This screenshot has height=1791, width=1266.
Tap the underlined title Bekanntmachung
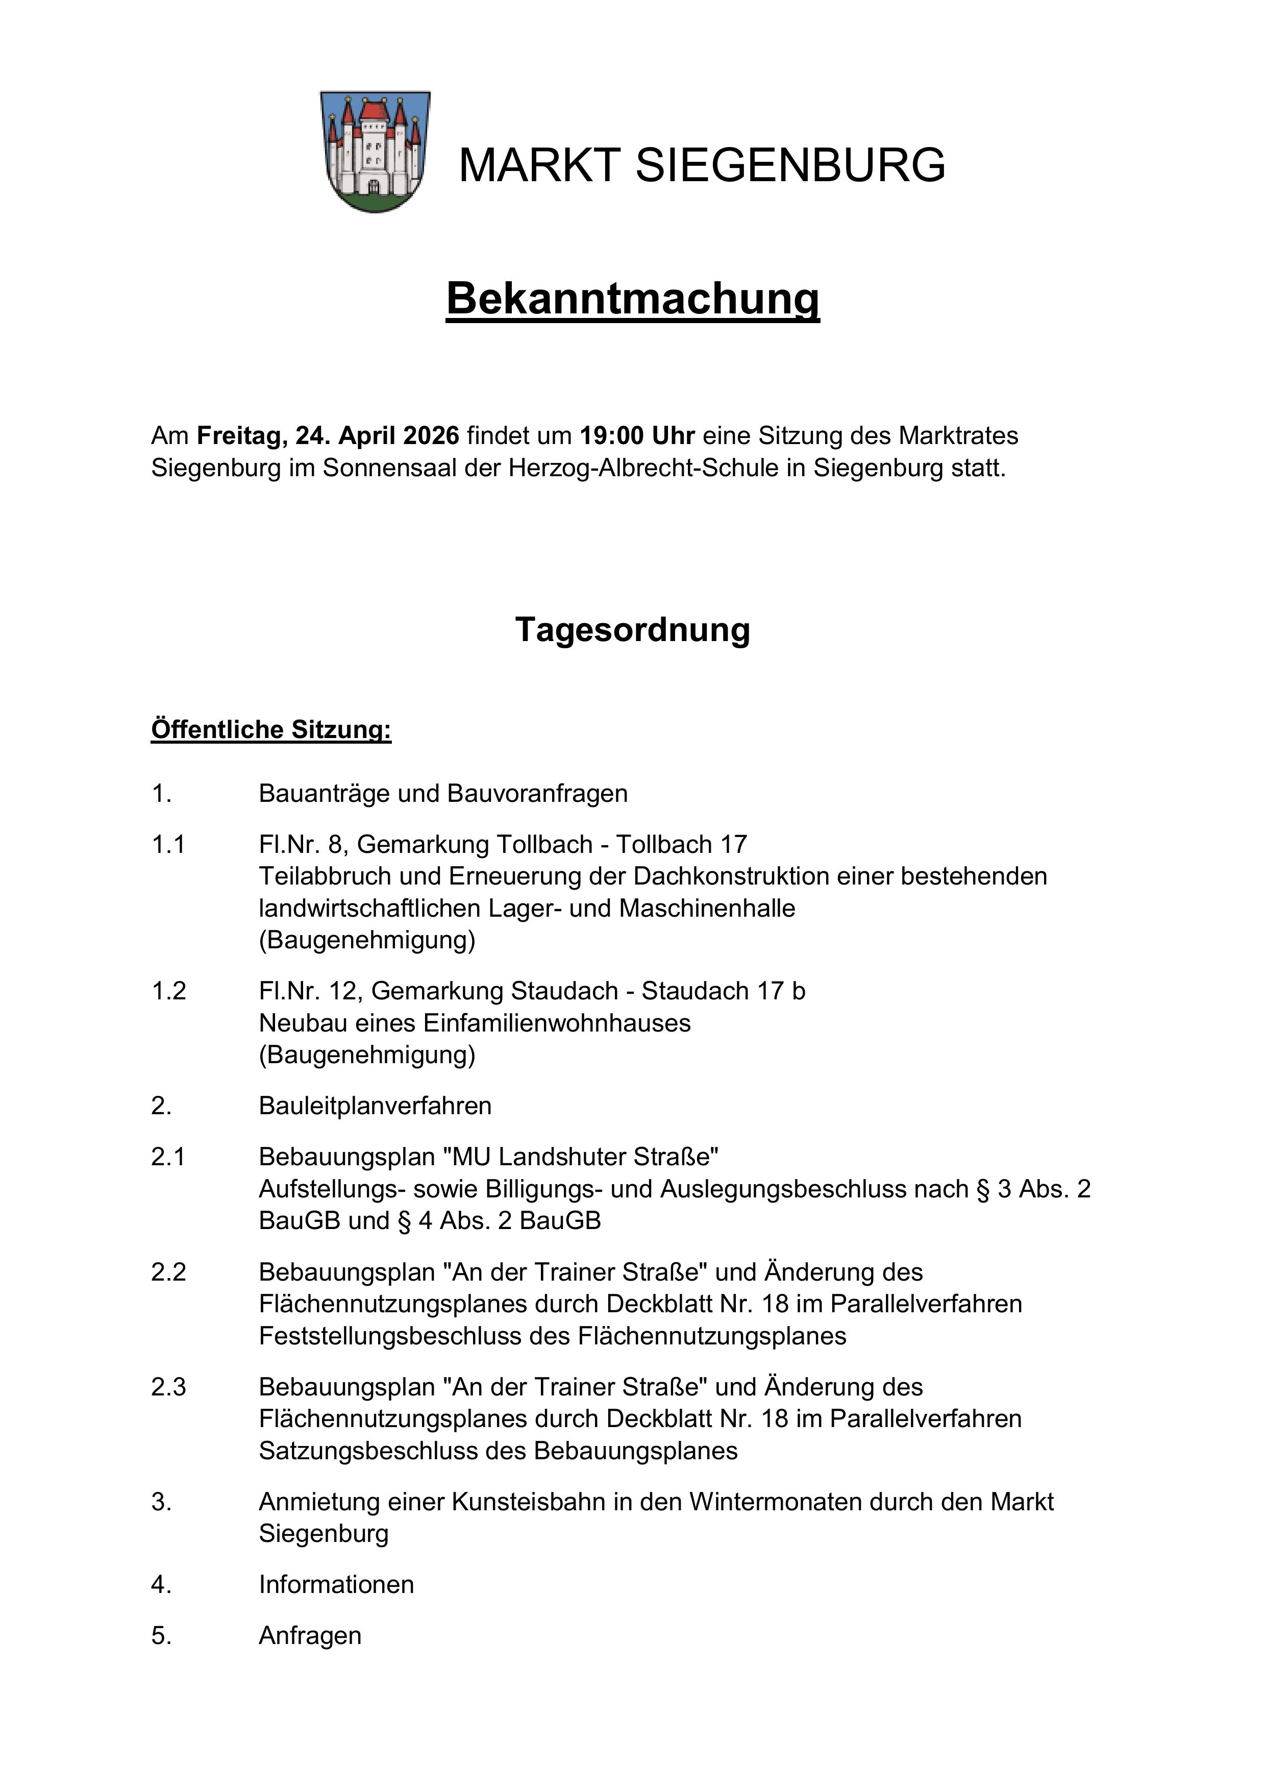point(633,298)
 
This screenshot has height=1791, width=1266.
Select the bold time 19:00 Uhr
point(636,435)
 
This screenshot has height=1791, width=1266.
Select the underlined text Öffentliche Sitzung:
point(270,729)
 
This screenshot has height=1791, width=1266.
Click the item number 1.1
point(168,844)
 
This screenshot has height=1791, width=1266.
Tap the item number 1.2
point(168,991)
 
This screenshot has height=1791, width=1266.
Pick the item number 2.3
point(168,1387)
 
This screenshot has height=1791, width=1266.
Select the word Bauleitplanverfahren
point(375,1106)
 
